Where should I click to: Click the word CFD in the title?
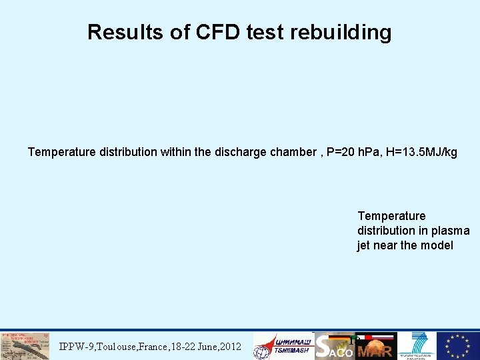(217, 33)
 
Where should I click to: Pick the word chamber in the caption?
(291, 153)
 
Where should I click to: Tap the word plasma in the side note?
(452, 231)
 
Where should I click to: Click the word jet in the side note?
(364, 245)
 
